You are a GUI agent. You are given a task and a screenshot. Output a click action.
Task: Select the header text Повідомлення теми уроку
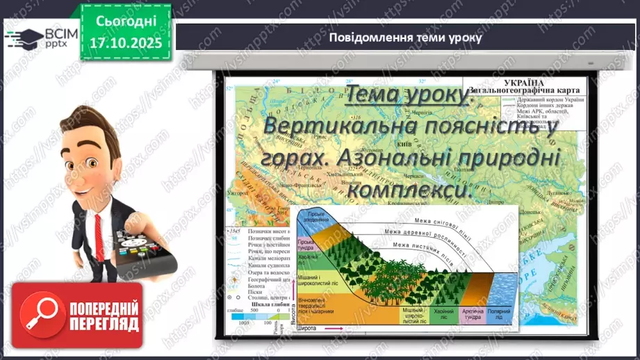[x=406, y=38]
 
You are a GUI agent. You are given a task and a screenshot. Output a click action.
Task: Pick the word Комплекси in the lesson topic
[x=405, y=188]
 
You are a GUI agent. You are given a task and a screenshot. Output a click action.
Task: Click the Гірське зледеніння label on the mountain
[x=316, y=215]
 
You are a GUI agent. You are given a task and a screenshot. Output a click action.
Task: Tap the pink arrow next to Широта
[x=336, y=329]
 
